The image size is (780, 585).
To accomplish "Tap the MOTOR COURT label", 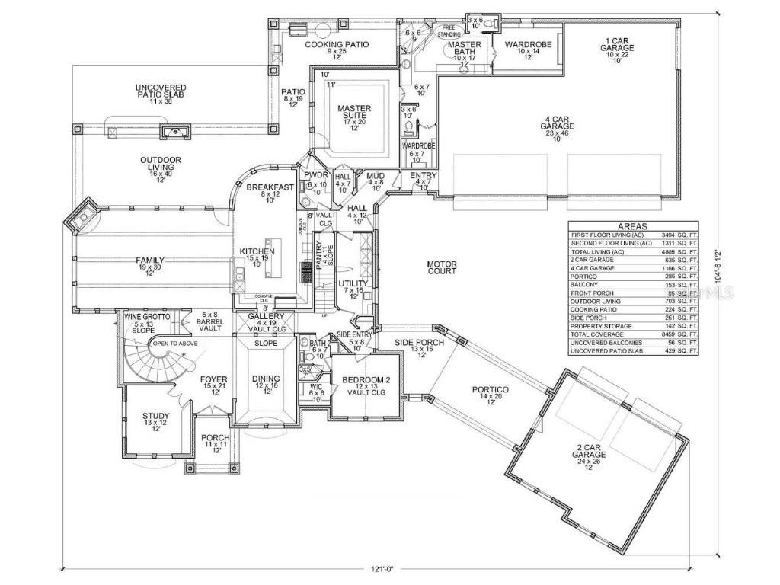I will [441, 267].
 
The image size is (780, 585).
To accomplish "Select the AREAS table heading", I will [633, 226].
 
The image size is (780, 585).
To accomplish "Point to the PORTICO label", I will [494, 390].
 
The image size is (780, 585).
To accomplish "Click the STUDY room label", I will [155, 417].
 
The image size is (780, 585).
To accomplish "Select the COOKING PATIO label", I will [337, 45].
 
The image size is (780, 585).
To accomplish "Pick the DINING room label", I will [267, 379].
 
